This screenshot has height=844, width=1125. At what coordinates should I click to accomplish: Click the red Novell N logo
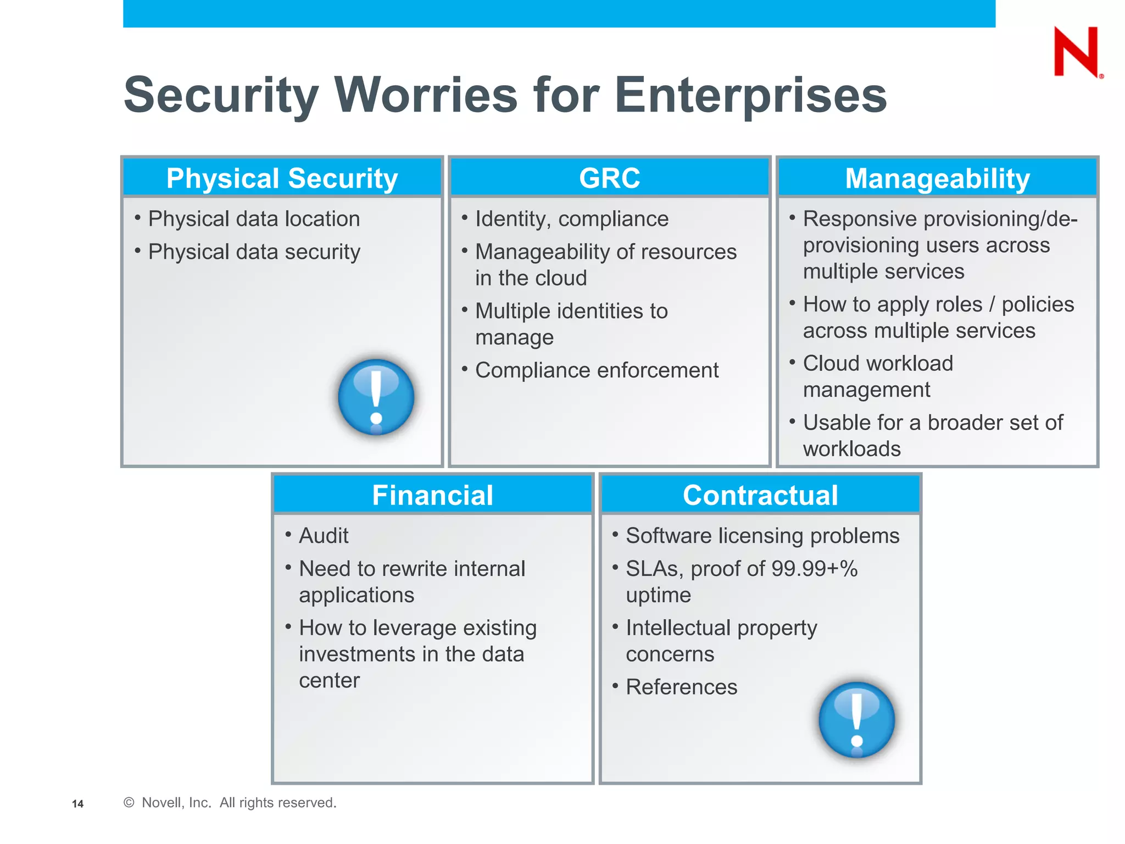pos(1076,52)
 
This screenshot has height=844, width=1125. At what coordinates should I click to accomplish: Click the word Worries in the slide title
pos(426,95)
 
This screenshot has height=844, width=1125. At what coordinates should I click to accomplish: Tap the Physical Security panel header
pos(282,179)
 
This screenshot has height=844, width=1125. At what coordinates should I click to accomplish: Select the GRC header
pos(609,179)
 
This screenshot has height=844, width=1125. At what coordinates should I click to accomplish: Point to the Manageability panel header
pos(937,179)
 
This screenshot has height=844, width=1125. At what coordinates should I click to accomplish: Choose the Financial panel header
pos(433,495)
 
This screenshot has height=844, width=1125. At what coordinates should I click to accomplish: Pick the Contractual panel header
pos(760,495)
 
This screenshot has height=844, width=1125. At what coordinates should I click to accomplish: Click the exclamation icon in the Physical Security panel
pos(376,397)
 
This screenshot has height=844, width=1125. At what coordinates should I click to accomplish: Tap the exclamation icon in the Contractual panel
pos(856,720)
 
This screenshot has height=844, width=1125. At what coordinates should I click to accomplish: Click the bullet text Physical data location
pos(254,219)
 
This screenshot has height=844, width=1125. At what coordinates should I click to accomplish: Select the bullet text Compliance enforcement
pos(597,370)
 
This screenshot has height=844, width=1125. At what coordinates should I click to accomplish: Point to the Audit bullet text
pos(324,536)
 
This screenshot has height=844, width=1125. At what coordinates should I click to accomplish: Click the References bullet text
pos(681,687)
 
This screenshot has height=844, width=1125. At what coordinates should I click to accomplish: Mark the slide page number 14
pos(77,804)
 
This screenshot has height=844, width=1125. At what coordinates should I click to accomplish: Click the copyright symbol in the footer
pos(129,803)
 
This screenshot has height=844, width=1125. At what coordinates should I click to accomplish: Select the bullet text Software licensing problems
pos(762,536)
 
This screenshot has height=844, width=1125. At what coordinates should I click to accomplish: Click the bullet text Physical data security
pos(254,252)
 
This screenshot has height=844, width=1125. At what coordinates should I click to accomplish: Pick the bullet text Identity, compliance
pos(572,219)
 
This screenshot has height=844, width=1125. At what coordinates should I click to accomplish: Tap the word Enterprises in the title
pos(750,95)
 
